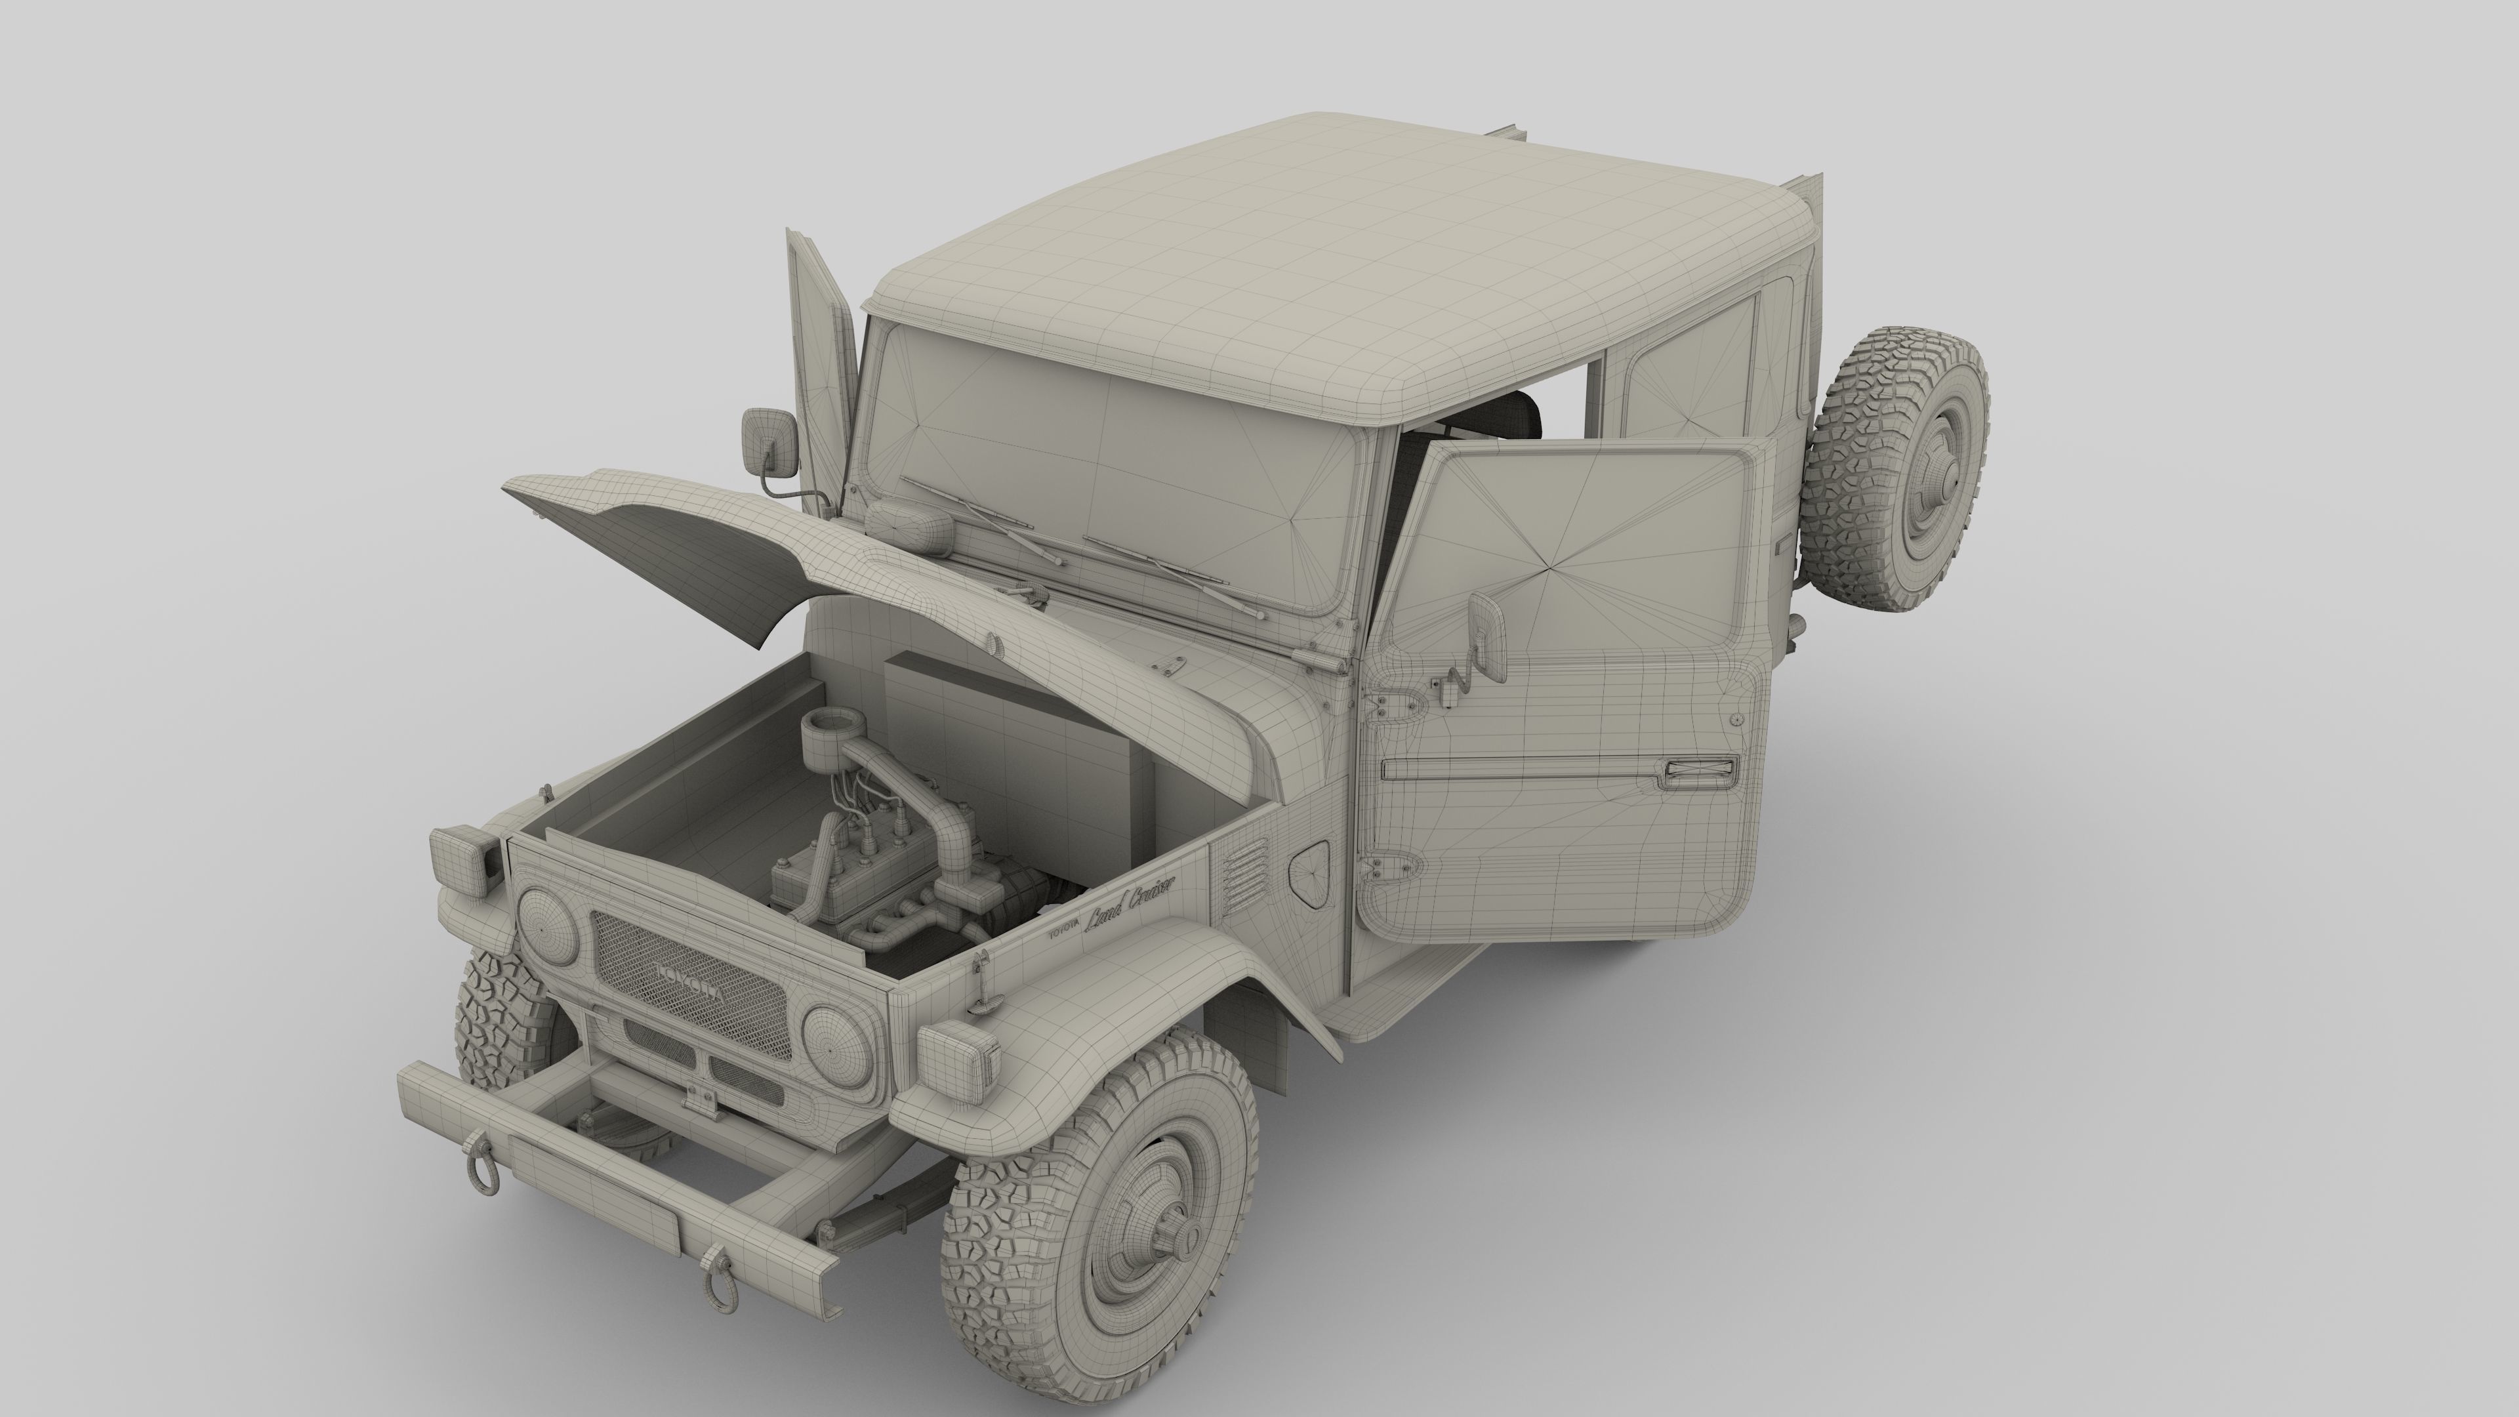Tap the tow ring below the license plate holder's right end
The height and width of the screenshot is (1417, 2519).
pos(721,1290)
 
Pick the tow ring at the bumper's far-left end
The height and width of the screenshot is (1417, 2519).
pos(481,1172)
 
